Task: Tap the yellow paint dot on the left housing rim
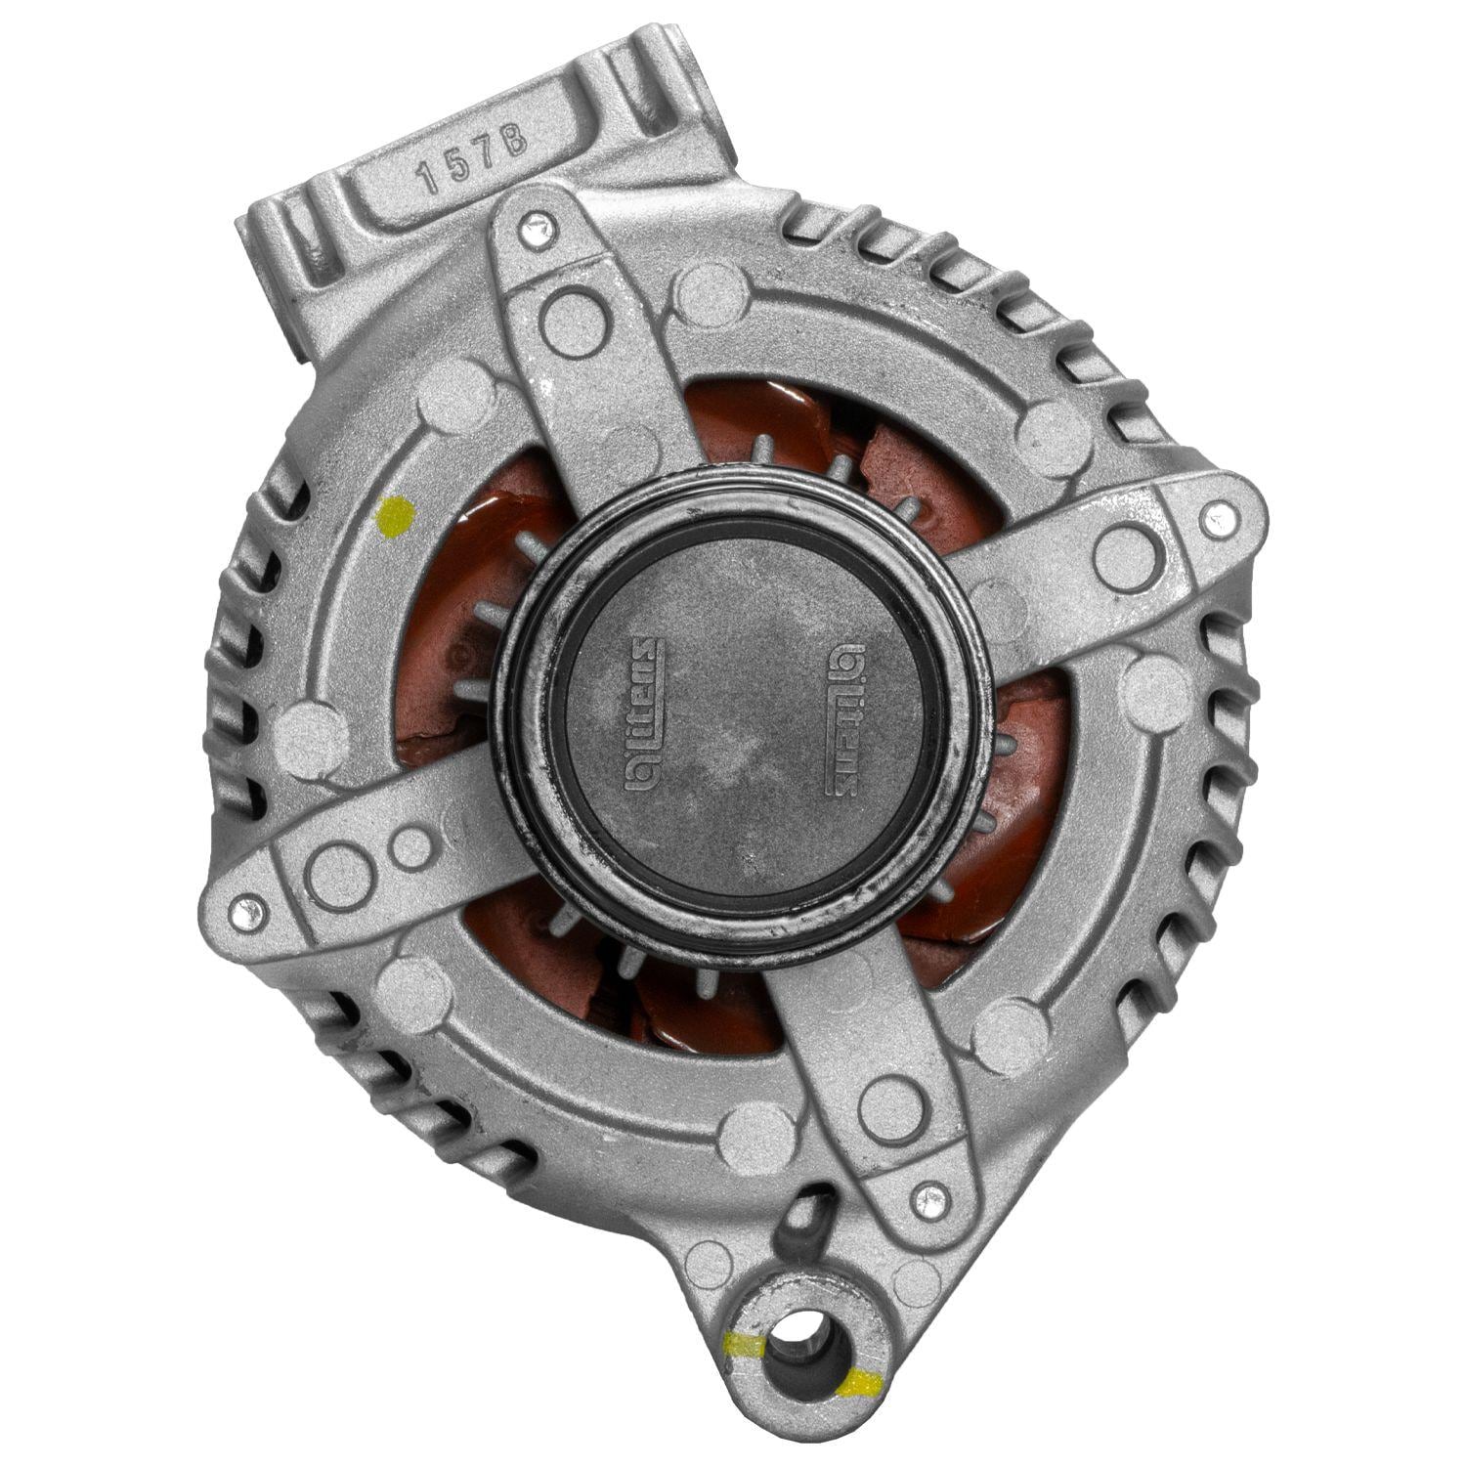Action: click(x=396, y=513)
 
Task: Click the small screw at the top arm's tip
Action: click(x=533, y=229)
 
